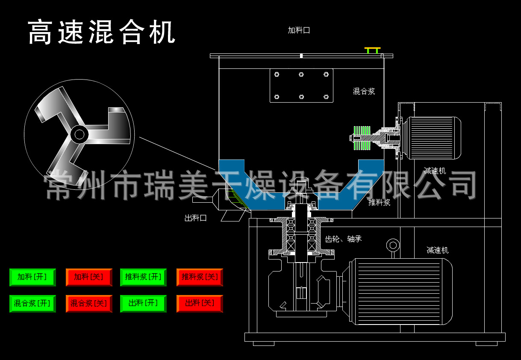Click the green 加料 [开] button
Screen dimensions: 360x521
coord(32,277)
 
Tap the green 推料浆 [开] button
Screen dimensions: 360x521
coord(143,277)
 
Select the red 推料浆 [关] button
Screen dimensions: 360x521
coord(200,277)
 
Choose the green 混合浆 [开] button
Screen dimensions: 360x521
coord(32,304)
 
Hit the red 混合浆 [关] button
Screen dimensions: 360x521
coord(89,304)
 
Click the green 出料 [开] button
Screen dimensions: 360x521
coord(143,304)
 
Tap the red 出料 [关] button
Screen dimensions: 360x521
coord(200,304)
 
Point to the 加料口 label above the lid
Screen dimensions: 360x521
coord(299,30)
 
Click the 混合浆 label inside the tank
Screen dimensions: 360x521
coord(364,91)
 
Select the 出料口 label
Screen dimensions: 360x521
coord(196,218)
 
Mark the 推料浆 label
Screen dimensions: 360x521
coord(379,203)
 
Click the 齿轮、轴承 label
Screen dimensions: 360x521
coord(343,239)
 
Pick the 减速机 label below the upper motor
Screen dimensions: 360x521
coord(435,171)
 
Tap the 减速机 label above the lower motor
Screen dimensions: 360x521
coord(437,250)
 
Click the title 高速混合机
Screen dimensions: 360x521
coord(102,32)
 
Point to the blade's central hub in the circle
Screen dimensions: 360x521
coord(79,134)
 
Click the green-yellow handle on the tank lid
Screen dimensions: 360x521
coord(372,50)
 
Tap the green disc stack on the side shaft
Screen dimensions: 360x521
coord(362,138)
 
